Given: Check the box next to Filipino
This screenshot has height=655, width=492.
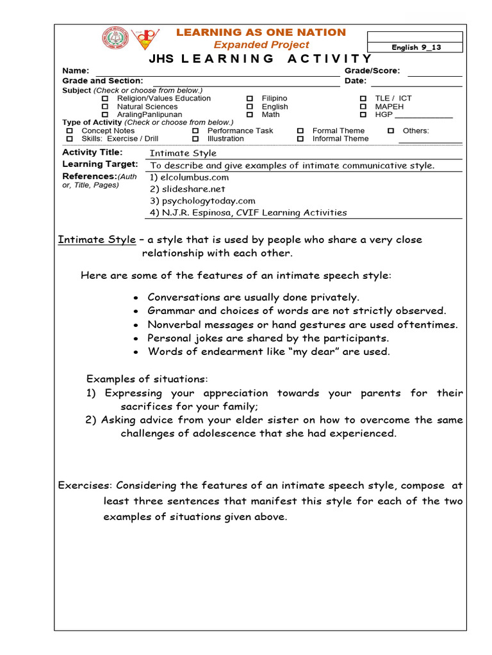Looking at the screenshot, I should pos(250,99).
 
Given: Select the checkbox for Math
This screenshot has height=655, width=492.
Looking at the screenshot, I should pos(250,115).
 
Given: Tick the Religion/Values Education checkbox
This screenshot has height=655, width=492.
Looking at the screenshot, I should pos(106,99).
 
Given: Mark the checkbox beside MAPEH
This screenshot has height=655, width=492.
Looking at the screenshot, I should pos(363,107).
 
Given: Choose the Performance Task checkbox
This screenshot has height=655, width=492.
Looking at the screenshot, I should pos(195,130).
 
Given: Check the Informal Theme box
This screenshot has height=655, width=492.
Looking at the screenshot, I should pos(300,139).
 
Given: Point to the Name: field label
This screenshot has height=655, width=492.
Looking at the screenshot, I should pos(76,71).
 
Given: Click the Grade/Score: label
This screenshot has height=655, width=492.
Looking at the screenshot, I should pos(372,71).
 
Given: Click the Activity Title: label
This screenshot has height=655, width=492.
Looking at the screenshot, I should pos(92,152).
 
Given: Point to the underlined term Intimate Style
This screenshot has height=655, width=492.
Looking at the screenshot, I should pos(97,240).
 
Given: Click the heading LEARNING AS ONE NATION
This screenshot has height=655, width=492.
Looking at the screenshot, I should pos(261,32).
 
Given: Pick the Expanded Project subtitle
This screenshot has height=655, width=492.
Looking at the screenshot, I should pos(261,45).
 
